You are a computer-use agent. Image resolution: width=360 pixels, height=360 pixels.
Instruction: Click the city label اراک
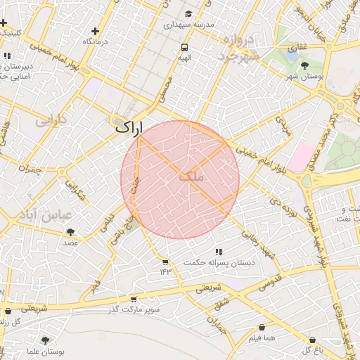[x=127, y=128]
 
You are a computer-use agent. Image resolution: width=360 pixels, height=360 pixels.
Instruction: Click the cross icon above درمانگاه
[x=96, y=32]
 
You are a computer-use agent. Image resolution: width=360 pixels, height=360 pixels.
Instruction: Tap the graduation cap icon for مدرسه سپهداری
[x=188, y=14]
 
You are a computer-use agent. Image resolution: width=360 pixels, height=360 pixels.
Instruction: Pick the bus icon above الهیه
[x=184, y=48]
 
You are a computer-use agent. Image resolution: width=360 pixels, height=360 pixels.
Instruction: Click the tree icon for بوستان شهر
[x=304, y=65]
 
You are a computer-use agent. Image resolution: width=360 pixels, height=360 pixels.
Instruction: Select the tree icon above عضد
[x=70, y=231]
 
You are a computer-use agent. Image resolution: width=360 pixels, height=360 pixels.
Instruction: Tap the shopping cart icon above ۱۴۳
[x=165, y=262]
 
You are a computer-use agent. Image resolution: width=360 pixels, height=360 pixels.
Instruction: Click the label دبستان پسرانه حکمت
[x=219, y=262]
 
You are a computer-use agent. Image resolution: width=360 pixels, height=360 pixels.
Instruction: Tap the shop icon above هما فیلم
[x=262, y=327]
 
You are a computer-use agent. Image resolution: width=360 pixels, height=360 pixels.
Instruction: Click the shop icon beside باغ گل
[x=312, y=340]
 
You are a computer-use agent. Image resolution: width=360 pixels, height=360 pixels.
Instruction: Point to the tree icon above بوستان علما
[x=46, y=340]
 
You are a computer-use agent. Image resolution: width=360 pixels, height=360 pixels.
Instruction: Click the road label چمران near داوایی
[x=30, y=169]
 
